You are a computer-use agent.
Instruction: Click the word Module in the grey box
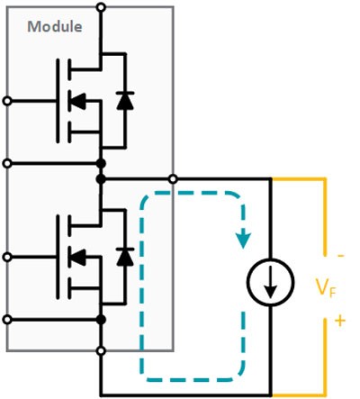click(54, 25)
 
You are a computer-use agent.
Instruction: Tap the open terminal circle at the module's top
click(100, 8)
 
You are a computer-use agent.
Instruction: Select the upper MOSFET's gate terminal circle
click(8, 99)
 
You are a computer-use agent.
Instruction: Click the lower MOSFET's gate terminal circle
click(8, 256)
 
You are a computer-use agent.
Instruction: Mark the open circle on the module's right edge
click(173, 179)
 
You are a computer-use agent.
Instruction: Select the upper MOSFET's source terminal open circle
click(8, 163)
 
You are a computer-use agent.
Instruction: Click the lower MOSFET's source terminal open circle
click(8, 320)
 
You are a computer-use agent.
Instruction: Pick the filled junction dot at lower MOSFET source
click(100, 320)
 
